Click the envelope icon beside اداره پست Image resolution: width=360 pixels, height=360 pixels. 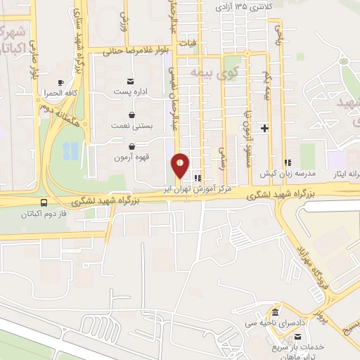130,81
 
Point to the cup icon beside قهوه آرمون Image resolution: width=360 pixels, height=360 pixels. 130,146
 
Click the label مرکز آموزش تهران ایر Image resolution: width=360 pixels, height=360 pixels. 204,189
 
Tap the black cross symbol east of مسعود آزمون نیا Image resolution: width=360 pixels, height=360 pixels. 264,128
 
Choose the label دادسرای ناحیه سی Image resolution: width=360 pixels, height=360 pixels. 273,323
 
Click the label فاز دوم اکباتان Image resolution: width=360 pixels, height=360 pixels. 44,213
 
